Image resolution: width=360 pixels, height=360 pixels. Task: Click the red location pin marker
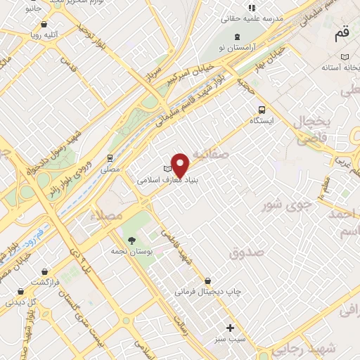(x=181, y=165)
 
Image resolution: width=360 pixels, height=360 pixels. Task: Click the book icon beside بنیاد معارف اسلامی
(x=167, y=169)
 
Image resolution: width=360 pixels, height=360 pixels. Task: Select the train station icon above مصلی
(x=110, y=158)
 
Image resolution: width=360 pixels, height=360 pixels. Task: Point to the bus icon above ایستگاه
(x=262, y=110)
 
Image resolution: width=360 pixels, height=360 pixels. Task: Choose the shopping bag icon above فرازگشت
(x=44, y=271)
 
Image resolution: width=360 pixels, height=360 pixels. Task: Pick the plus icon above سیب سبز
(x=229, y=328)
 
